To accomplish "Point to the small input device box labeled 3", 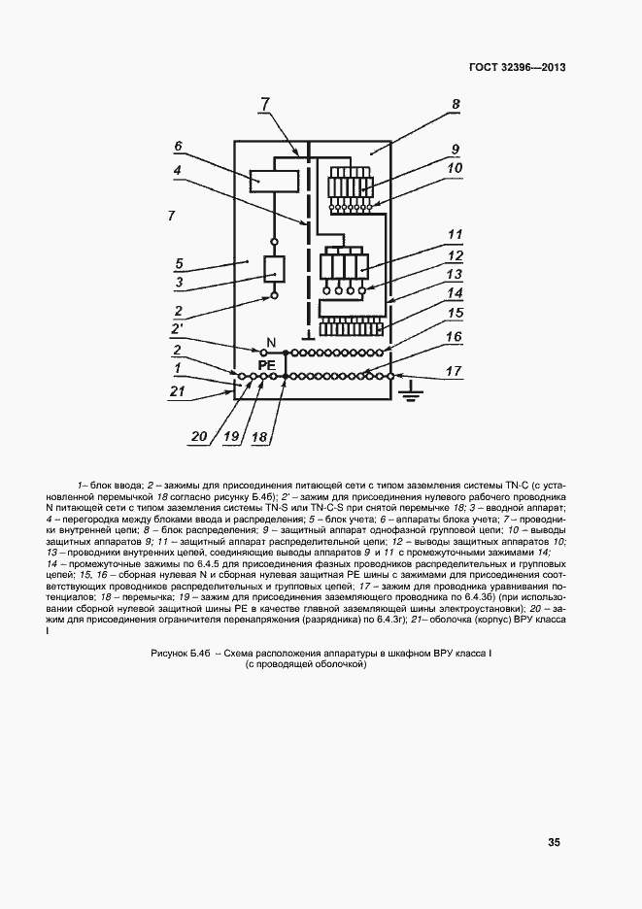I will pos(275,269).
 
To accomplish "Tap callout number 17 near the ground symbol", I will pos(454,370).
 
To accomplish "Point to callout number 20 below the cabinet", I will pos(199,437).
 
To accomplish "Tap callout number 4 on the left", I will pos(178,169).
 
